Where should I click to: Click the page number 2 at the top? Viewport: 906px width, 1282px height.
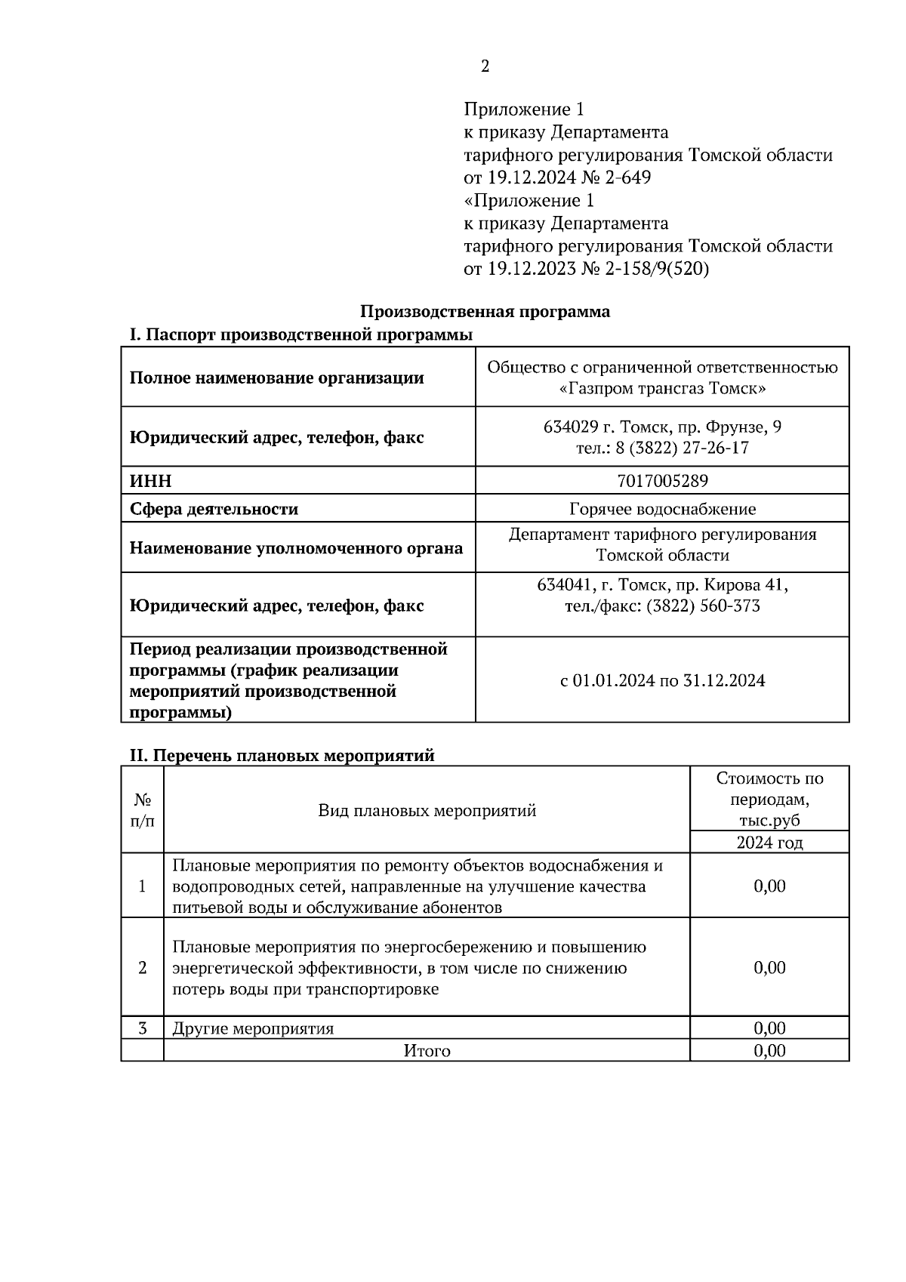pos(485,66)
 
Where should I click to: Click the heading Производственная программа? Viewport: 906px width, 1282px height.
pos(485,312)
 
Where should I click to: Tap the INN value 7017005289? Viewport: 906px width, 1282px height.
pos(662,481)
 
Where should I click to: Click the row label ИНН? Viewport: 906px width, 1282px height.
pos(151,481)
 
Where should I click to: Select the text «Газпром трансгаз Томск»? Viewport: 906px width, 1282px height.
pos(662,390)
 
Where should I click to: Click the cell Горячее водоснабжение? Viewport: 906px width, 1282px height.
pos(662,509)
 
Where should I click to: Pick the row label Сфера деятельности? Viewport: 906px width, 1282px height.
pos(214,509)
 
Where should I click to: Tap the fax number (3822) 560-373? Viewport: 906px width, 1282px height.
pos(703,606)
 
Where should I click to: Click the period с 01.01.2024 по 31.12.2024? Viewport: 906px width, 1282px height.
pos(662,681)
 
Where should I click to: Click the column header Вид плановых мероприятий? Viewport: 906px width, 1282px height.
pos(427,811)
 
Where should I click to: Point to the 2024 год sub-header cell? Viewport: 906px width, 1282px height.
pos(769,843)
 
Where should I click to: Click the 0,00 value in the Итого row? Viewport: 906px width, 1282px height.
pos(769,1051)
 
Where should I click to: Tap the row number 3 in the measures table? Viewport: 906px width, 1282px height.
pos(142,1028)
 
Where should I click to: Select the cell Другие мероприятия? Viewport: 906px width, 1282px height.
pos(253,1028)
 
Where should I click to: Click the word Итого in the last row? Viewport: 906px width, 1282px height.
pos(427,1051)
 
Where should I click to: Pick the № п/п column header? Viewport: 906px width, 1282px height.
pos(142,811)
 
